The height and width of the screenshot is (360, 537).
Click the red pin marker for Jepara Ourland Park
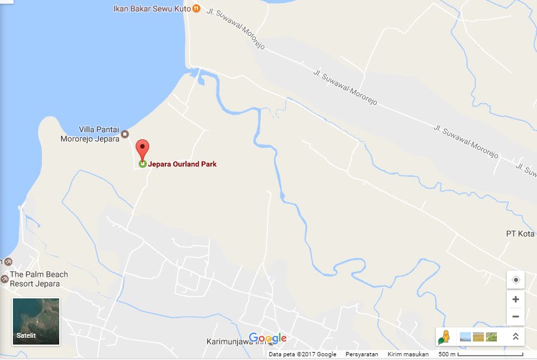142,149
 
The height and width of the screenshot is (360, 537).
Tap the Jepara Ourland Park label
182,165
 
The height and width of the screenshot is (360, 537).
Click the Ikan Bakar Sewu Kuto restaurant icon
196,8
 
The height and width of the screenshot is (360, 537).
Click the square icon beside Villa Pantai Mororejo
125,134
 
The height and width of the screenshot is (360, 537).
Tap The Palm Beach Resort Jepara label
38,279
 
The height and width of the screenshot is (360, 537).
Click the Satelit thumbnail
36,321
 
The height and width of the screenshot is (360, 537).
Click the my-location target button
515,279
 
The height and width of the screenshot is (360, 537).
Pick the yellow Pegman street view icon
444,337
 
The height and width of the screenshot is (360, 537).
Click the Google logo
268,338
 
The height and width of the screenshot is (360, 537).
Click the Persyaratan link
362,354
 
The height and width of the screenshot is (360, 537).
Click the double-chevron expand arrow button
515,337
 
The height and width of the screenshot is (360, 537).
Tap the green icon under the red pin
142,164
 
